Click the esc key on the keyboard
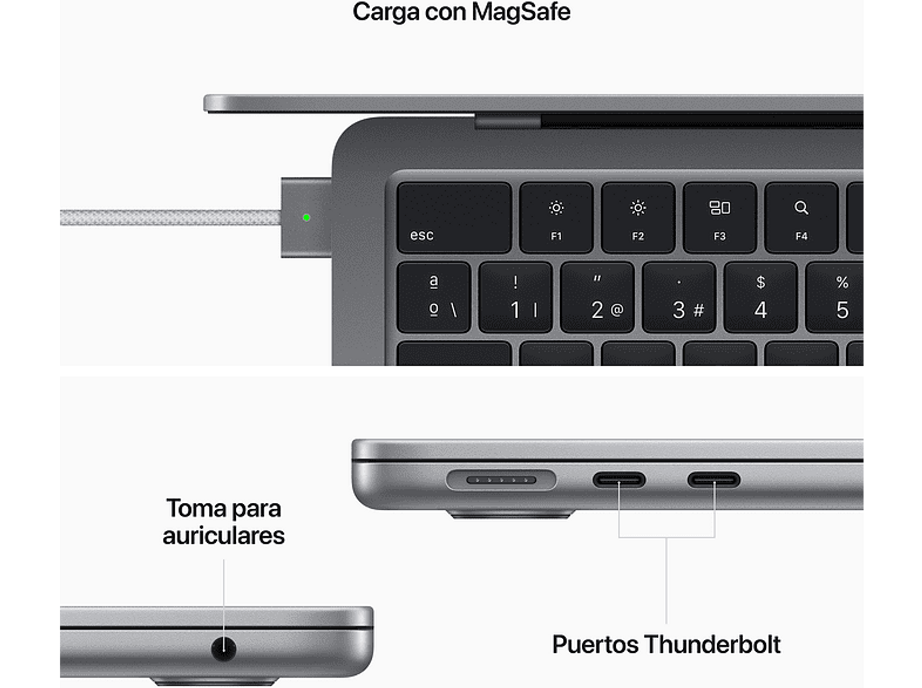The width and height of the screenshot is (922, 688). pyautogui.click(x=454, y=218)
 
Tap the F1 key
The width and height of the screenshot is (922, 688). pyautogui.click(x=556, y=218)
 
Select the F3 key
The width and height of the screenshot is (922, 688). pyautogui.click(x=719, y=218)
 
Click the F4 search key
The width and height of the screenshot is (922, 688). pyautogui.click(x=801, y=218)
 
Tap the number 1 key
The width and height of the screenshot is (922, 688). pyautogui.click(x=515, y=298)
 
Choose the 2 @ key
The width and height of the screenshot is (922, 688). pyautogui.click(x=597, y=298)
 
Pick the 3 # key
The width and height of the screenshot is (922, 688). pyautogui.click(x=679, y=298)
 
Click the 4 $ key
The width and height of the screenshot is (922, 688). pyautogui.click(x=760, y=298)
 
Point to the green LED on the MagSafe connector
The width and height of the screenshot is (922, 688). pyautogui.click(x=307, y=218)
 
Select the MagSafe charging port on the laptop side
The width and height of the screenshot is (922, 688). pyautogui.click(x=501, y=480)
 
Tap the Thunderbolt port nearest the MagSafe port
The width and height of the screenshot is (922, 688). pyautogui.click(x=619, y=479)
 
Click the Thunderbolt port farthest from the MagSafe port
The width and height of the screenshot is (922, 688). pyautogui.click(x=714, y=479)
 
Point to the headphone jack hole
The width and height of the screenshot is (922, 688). pyautogui.click(x=224, y=648)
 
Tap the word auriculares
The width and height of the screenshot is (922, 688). pyautogui.click(x=224, y=535)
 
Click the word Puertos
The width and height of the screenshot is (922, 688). pyautogui.click(x=595, y=644)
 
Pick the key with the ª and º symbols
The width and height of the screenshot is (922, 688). pyautogui.click(x=434, y=298)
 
